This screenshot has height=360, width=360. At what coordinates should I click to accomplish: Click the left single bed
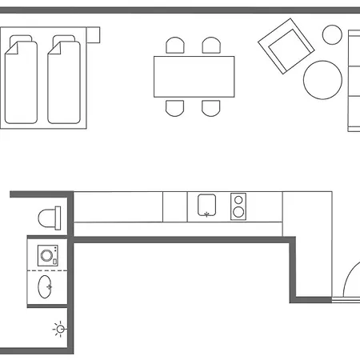[22, 80]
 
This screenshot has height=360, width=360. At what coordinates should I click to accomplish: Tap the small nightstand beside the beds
[93, 34]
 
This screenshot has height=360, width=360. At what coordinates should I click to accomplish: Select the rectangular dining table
[194, 76]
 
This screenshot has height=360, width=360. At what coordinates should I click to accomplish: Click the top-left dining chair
[176, 46]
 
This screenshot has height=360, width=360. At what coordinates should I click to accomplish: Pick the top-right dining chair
[211, 46]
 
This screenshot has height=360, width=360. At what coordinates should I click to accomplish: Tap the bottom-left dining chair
[176, 106]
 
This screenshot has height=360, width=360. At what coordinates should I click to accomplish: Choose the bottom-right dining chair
[210, 106]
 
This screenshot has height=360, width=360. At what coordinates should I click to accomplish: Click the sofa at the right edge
[354, 80]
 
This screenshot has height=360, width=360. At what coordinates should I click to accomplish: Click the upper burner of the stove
[238, 200]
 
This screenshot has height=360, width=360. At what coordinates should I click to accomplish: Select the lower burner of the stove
[238, 213]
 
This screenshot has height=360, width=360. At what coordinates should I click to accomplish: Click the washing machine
[49, 256]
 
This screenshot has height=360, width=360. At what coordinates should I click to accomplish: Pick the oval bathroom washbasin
[47, 286]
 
